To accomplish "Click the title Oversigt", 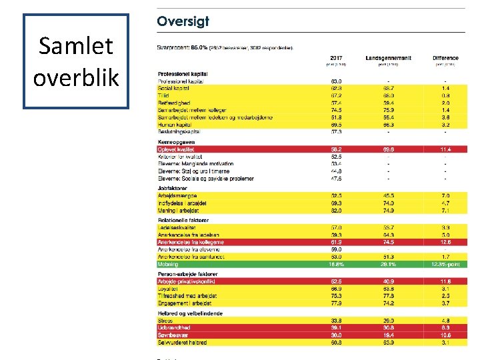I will point(183,21).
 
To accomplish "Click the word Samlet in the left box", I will point(76,46).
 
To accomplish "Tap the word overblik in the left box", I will point(76,77).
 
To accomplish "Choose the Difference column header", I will point(445,58).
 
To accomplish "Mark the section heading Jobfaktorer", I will point(173,188).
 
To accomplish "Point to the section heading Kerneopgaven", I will point(176,142).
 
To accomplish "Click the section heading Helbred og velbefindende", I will point(190,313).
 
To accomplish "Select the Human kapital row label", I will point(175,125).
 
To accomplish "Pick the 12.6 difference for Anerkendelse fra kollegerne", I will point(445,242).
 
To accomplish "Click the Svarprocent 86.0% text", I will point(181,47).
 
